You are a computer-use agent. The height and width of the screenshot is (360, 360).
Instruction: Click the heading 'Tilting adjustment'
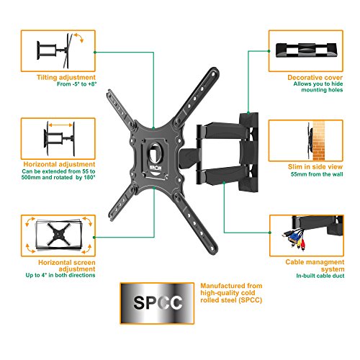point(66,78)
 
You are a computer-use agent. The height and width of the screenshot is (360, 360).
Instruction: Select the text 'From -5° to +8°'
point(76,84)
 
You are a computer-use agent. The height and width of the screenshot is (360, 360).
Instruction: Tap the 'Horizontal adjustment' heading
point(59,164)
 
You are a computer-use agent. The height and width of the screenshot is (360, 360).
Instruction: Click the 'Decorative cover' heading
point(315,78)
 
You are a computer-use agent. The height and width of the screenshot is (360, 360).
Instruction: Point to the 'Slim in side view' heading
point(315,167)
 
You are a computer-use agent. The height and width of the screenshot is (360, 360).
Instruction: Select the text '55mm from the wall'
point(317,174)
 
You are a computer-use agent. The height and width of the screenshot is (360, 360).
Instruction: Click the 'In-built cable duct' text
point(320,276)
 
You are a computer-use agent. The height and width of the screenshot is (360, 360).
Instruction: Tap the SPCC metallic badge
point(157,303)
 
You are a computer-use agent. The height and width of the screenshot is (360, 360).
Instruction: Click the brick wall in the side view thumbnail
point(319,140)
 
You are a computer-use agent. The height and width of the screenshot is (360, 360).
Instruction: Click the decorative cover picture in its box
point(306,50)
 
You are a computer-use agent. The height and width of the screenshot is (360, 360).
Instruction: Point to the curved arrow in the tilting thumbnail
point(78,37)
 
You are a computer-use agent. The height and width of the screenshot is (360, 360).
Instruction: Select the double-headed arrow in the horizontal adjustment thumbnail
point(60,125)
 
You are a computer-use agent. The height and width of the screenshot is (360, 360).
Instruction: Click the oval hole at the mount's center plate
point(156,153)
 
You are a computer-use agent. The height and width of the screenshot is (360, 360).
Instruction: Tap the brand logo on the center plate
point(156,167)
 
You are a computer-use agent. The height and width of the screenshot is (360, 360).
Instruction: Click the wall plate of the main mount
point(248,152)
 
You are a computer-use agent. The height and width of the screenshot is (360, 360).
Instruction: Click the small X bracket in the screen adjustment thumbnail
point(58,234)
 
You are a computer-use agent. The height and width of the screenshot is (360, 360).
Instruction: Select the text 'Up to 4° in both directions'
point(60,275)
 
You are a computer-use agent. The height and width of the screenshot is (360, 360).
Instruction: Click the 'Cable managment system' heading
point(315,266)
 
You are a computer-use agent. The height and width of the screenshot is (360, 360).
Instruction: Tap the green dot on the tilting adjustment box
point(95,52)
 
